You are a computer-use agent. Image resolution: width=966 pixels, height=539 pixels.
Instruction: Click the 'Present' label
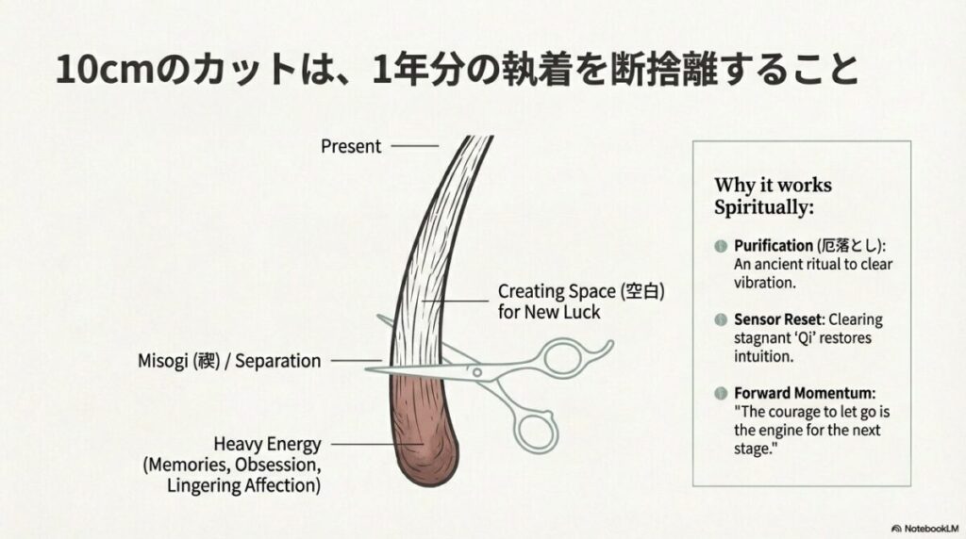point(351,146)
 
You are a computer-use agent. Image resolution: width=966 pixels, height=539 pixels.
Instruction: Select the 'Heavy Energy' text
point(267,444)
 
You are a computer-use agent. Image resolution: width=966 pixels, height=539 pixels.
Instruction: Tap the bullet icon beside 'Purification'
point(721,246)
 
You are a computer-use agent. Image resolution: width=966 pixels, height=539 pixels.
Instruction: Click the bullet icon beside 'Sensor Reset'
point(721,319)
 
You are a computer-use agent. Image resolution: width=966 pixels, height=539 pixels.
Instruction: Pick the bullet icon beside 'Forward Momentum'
point(721,392)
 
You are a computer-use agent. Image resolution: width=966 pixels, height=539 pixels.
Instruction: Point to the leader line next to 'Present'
point(415,146)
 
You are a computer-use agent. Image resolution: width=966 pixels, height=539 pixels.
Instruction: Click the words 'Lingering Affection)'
point(243,486)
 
